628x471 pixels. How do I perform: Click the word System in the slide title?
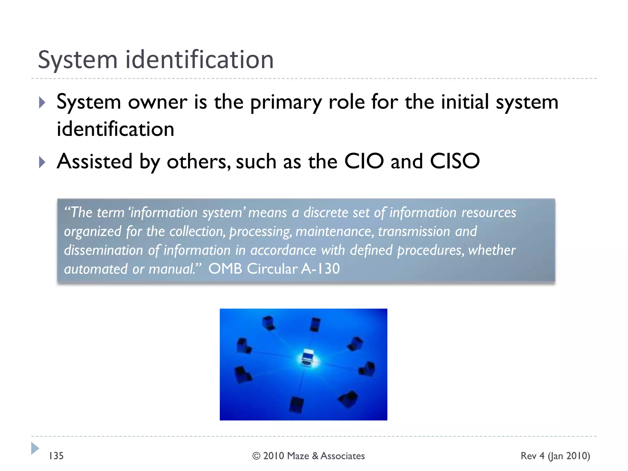point(78,60)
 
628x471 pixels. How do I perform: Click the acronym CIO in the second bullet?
point(364,161)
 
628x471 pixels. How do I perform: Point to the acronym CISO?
point(455,161)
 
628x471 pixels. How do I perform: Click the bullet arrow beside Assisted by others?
point(42,162)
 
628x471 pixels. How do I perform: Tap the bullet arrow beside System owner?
point(42,102)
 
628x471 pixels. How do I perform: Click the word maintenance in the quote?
point(335,232)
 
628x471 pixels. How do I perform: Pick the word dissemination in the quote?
point(103,250)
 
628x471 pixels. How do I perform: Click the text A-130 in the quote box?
point(321,269)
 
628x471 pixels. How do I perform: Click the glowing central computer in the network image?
point(308,358)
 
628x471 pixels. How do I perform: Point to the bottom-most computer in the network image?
point(297,404)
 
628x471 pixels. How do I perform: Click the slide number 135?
point(56,456)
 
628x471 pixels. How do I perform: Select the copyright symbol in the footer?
point(256,456)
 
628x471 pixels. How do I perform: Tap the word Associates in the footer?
point(343,456)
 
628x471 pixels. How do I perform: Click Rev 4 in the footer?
point(533,456)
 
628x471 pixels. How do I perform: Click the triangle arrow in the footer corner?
point(35,448)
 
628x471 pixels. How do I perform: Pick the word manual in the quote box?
point(171,269)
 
